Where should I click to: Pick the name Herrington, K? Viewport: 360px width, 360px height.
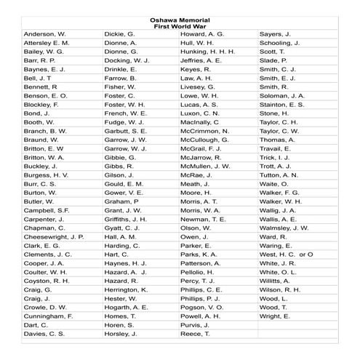pos(127,289)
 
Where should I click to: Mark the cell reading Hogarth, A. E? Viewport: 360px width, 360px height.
pos(127,307)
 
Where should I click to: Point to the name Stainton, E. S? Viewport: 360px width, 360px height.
pos(282,105)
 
